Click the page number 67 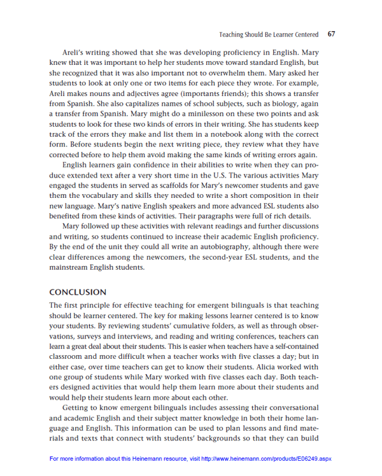click(x=331, y=34)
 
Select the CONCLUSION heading click(x=78, y=292)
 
